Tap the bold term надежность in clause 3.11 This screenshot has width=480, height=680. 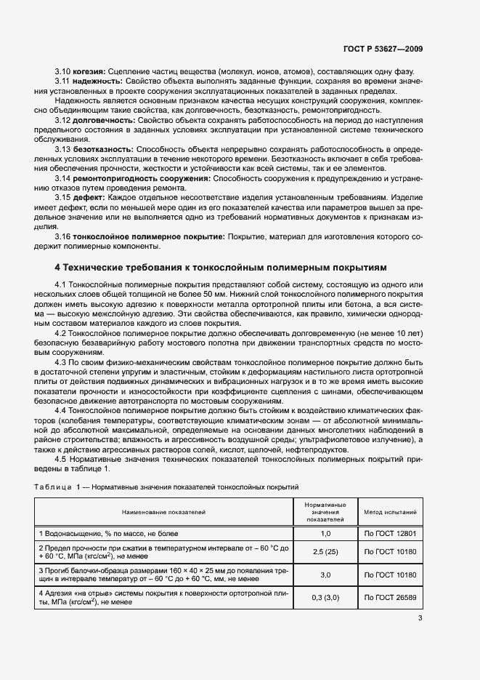click(x=96, y=81)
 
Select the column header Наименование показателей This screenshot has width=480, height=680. click(x=163, y=512)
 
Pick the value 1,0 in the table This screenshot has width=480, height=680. click(x=325, y=534)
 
